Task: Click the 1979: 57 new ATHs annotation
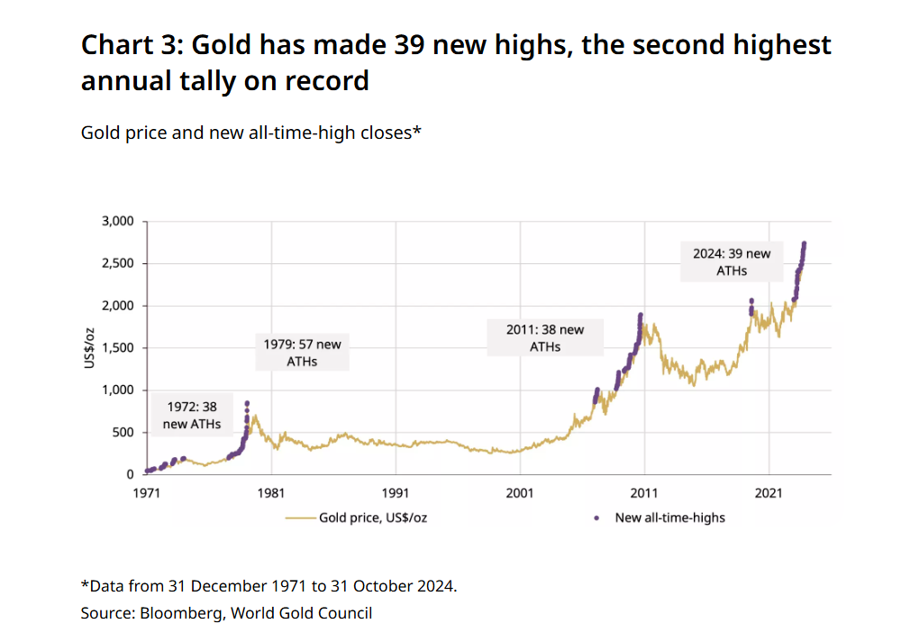(303, 353)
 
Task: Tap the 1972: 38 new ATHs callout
(191, 416)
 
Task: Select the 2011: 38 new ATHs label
(544, 337)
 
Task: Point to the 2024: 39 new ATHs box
(732, 261)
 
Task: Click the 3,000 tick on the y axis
(116, 221)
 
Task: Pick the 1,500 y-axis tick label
(116, 348)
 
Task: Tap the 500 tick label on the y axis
(123, 432)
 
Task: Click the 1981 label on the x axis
(271, 493)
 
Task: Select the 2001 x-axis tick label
(520, 493)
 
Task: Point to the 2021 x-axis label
(769, 493)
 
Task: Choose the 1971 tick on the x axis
(147, 493)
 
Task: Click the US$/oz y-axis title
(91, 348)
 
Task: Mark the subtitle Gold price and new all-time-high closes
(251, 133)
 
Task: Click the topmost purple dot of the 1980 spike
(247, 403)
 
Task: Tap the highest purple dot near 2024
(804, 243)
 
